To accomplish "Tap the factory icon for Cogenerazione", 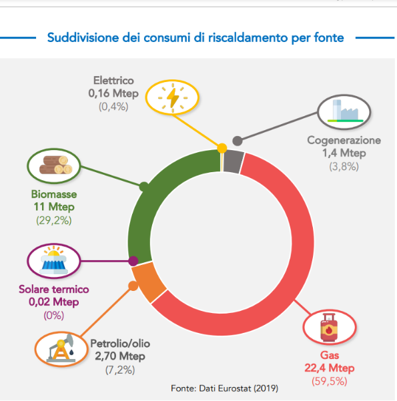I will click(x=343, y=111).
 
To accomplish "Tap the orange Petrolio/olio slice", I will click(x=145, y=280).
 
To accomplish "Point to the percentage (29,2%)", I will click(x=53, y=220).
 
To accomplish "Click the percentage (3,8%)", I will click(x=344, y=166).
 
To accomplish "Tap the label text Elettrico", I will click(x=113, y=81).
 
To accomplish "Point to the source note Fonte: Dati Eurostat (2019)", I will click(x=224, y=388).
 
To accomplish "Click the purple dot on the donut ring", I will click(x=133, y=262).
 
